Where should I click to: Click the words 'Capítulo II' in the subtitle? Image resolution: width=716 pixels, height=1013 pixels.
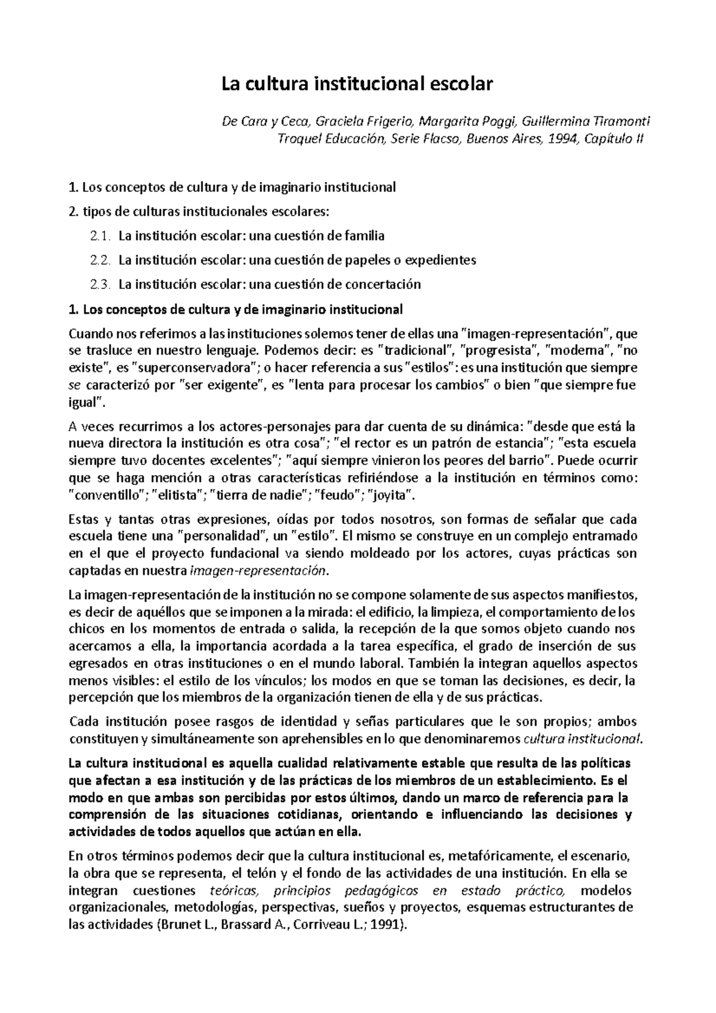[615, 139]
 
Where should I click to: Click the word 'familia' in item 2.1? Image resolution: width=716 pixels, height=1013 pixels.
[365, 236]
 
